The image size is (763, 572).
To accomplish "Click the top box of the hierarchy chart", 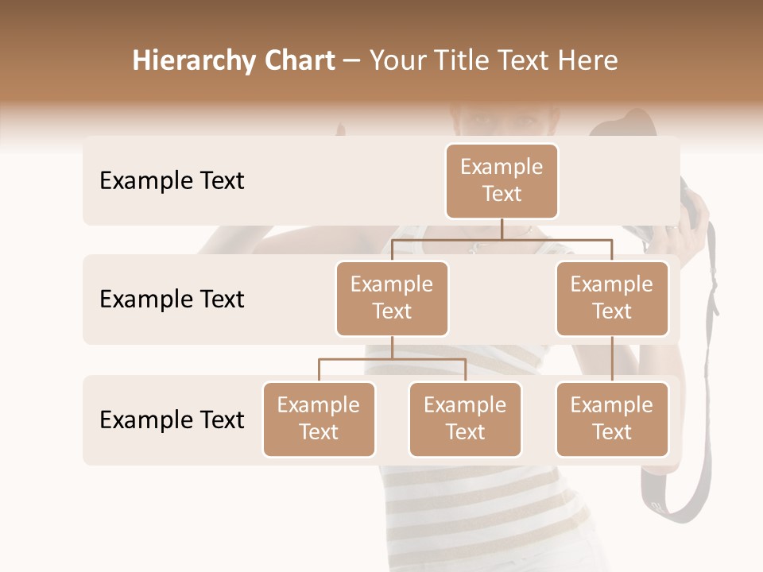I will (x=502, y=180).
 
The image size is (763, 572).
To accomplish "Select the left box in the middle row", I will (x=392, y=298).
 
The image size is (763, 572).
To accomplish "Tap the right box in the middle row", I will (x=611, y=298).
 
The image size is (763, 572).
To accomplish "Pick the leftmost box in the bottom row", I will (x=319, y=419).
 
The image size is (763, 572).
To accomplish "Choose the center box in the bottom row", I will (x=465, y=419).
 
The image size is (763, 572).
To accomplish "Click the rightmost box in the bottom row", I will (x=611, y=419).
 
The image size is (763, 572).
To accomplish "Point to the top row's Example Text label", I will (x=172, y=181).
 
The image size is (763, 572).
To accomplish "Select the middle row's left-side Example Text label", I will (x=172, y=300).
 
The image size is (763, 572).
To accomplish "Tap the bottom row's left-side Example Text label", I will (x=172, y=420).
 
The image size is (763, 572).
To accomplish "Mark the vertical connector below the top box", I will (x=502, y=229).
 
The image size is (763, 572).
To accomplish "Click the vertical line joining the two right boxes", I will (x=611, y=359).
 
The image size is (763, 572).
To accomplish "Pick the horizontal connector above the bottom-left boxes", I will (x=392, y=359).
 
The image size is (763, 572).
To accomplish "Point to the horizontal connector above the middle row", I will (x=502, y=238).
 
